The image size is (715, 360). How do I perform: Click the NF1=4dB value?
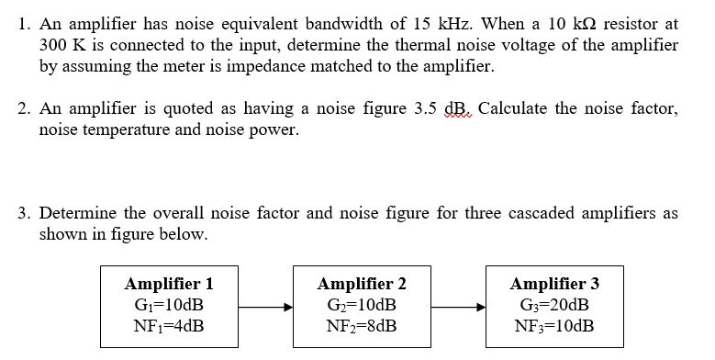[x=168, y=326]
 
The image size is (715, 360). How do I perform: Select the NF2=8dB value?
[x=361, y=326]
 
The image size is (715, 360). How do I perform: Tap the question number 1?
[x=23, y=23]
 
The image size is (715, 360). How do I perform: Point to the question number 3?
[x=23, y=213]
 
